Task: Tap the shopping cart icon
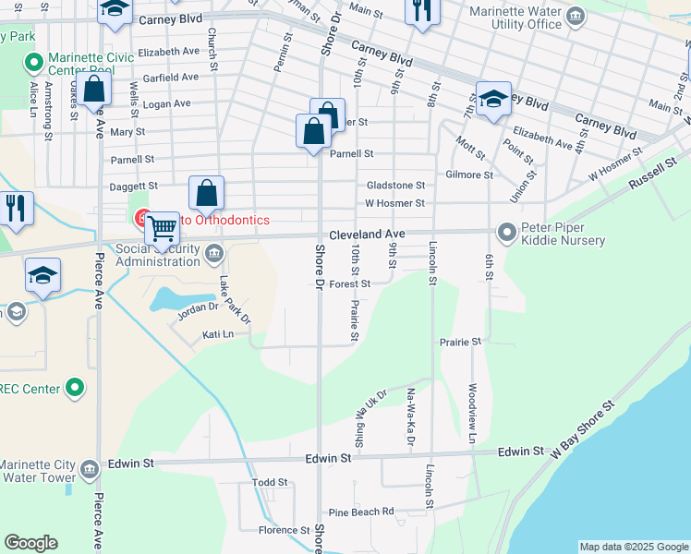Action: tap(162, 227)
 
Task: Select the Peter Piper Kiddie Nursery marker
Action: tap(507, 231)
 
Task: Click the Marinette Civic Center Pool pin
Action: tap(33, 64)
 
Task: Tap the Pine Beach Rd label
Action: tap(361, 512)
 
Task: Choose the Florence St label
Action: tap(284, 530)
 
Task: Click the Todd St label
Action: tap(271, 482)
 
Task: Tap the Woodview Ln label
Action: tap(472, 413)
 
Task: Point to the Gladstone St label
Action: tap(395, 186)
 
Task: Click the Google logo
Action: tap(30, 544)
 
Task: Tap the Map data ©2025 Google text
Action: tap(634, 547)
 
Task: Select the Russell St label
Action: tap(653, 175)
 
